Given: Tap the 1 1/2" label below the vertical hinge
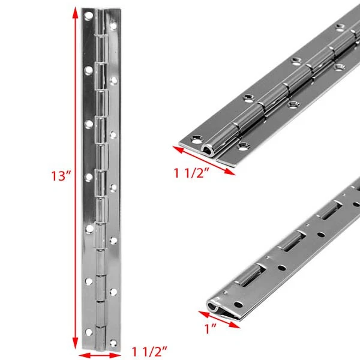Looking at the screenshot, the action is point(149,352).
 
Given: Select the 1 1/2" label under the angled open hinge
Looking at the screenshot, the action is point(191,173).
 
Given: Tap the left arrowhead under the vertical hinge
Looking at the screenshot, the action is point(83,356).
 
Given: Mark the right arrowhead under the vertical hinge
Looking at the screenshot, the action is point(115,356).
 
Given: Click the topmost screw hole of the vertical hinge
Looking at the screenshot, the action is point(88,16).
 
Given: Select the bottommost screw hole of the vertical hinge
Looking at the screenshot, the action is point(113,343).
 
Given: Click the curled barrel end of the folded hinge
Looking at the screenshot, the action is point(213,305).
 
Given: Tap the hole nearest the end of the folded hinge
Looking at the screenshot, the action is point(239,305).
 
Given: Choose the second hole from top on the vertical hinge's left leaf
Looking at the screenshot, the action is point(88,70).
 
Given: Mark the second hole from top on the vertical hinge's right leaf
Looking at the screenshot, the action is point(113,80).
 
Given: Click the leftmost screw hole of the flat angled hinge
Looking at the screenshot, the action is point(197,139).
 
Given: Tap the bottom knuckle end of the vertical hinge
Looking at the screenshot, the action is point(101,349).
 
